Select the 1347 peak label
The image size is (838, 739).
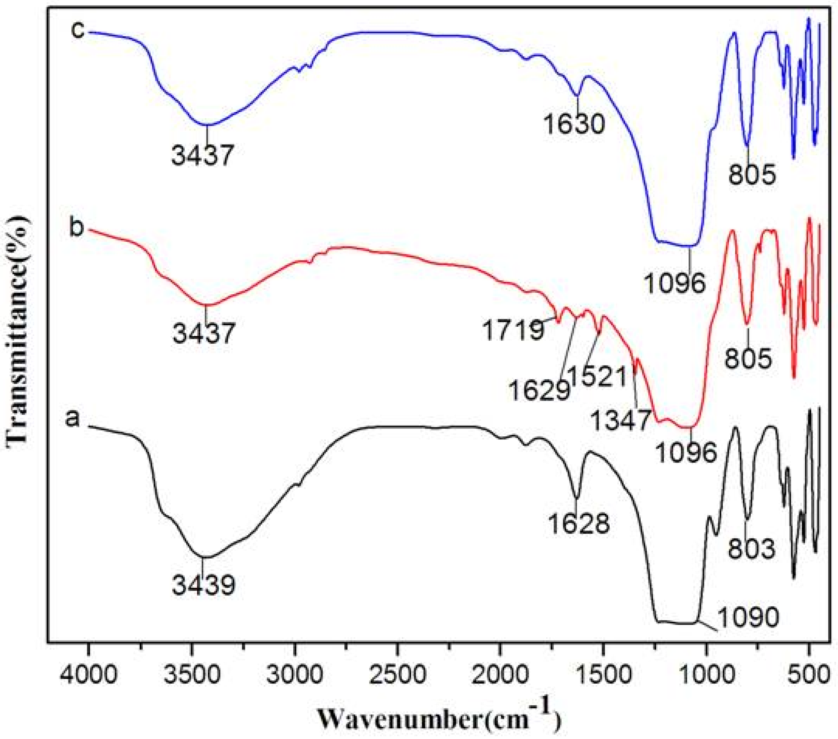click(621, 420)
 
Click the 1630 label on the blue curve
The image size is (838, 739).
click(574, 124)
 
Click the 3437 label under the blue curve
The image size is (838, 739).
click(203, 155)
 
